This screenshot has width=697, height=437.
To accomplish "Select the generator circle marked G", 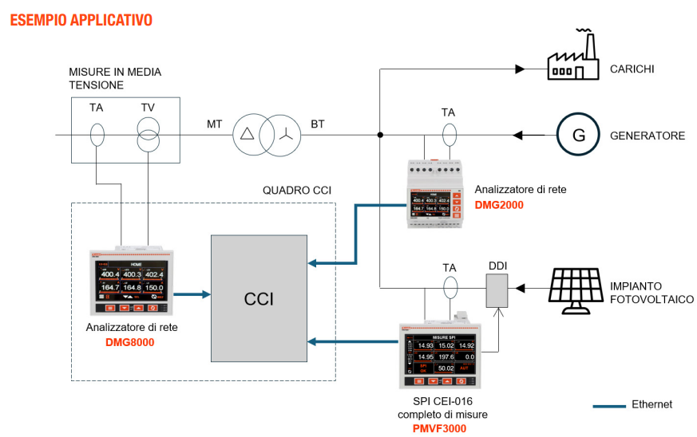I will point(577,135).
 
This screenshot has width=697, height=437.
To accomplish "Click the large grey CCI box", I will point(259,300).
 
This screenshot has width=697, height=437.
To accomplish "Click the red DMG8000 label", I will point(129,343).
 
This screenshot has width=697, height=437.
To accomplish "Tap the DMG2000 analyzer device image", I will point(435,195).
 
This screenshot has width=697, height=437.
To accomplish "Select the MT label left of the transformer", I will point(215,124).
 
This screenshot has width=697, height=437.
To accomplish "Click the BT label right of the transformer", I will point(319,124).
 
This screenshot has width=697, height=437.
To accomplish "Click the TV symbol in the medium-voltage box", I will point(148,134).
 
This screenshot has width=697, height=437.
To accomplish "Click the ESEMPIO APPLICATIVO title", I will point(81,18).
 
